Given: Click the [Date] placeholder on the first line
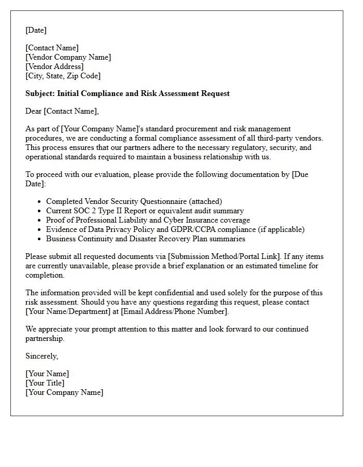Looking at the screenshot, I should pyautogui.click(x=36, y=30).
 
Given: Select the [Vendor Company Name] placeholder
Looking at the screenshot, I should pyautogui.click(x=68, y=57).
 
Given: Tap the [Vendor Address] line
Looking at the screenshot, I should pyautogui.click(x=54, y=66).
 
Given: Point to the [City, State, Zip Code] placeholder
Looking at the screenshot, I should pyautogui.click(x=63, y=76).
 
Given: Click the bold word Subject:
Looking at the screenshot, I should pyautogui.click(x=40, y=93).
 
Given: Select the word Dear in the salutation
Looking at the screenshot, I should pyautogui.click(x=34, y=111).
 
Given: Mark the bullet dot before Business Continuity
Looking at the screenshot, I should pyautogui.click(x=39, y=239).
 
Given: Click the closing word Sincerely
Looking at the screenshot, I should pyautogui.click(x=41, y=356).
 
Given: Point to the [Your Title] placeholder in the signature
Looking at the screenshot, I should pyautogui.click(x=45, y=383).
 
